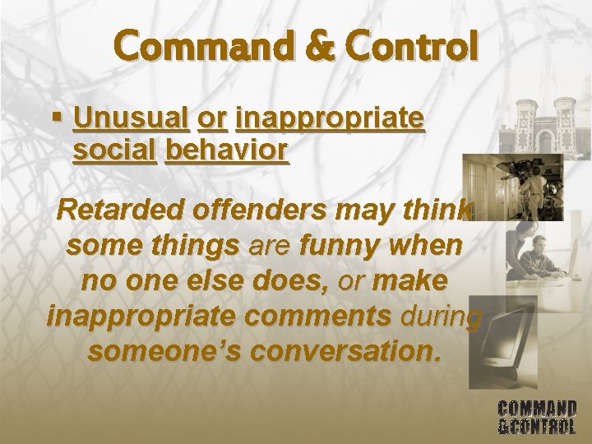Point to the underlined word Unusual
click(x=131, y=119)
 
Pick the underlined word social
click(x=114, y=151)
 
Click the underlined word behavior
click(x=227, y=151)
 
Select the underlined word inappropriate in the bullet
click(x=330, y=119)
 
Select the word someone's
click(x=164, y=351)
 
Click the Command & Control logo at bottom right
click(x=537, y=417)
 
